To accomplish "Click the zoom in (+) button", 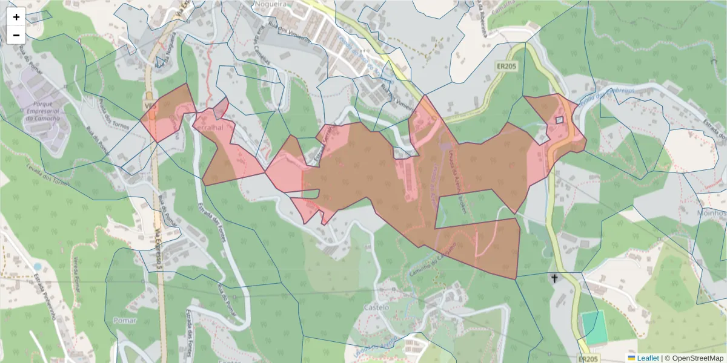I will [x=16, y=17].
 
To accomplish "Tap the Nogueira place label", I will [x=271, y=4].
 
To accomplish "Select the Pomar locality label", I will [x=125, y=319].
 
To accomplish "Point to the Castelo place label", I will [x=376, y=308].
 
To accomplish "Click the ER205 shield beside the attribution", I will [x=591, y=359].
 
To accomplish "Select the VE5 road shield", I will [x=150, y=105].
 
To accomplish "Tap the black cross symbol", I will [x=553, y=279].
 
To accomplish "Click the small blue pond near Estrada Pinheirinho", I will [x=38, y=266].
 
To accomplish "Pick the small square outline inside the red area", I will [x=559, y=120].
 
